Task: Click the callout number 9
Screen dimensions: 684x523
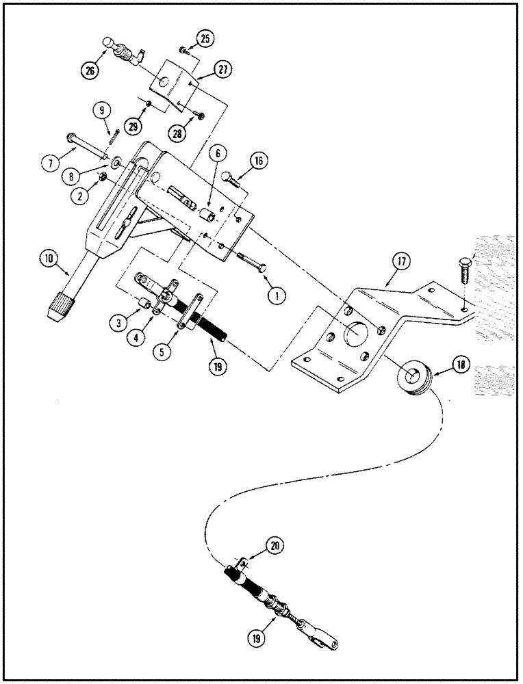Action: [101, 110]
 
